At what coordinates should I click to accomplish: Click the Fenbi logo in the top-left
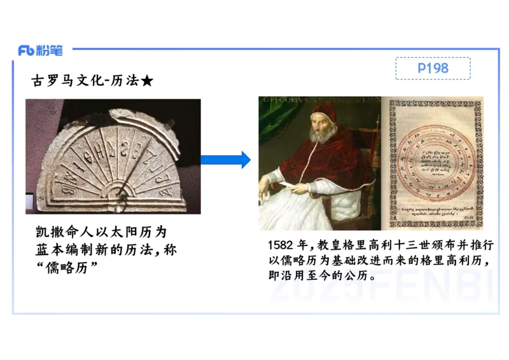[45, 50]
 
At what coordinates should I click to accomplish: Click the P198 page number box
[433, 68]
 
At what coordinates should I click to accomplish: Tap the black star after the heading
[147, 81]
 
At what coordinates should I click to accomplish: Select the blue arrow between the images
[226, 160]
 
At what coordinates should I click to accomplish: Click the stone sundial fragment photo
[113, 156]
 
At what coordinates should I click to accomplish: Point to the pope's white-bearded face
[319, 134]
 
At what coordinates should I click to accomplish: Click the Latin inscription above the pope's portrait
[318, 100]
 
